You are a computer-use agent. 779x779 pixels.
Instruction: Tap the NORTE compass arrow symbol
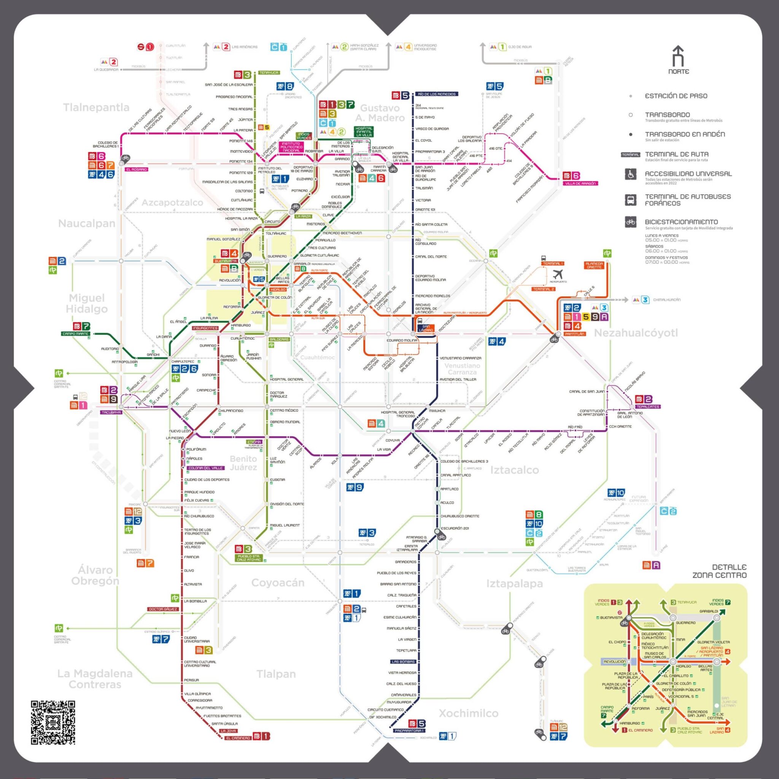coord(679,57)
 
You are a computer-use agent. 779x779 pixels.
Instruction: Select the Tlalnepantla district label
coord(96,108)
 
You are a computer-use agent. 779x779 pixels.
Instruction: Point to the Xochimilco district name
coord(469,713)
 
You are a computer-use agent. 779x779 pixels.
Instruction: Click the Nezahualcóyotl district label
coord(636,333)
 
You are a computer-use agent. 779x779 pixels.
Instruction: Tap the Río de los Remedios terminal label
coord(437,94)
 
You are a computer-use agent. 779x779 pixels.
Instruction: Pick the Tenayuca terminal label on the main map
coord(269,73)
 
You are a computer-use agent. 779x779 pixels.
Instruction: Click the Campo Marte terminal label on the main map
coord(75,334)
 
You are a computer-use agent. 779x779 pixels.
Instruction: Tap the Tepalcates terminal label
coord(648,407)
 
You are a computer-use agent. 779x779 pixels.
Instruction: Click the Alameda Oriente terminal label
coord(594,265)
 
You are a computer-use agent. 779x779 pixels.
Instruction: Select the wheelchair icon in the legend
coord(631,174)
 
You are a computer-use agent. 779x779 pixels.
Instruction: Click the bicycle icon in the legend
coord(631,222)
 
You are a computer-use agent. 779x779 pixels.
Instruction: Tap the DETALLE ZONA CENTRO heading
coord(719,571)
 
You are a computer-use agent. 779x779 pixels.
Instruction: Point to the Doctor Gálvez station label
coord(163,609)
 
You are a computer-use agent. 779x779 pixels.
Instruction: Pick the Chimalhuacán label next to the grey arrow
coord(666,300)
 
